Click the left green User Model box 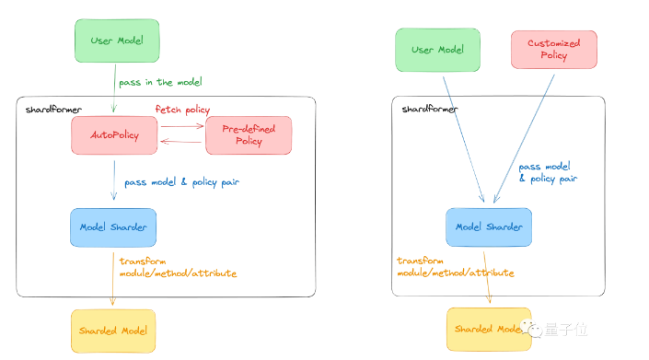click(117, 41)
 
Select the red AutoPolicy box click(114, 135)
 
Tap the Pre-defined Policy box click(249, 135)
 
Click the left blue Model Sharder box click(113, 227)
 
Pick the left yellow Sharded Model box click(113, 331)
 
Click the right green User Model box click(438, 50)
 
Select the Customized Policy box click(554, 49)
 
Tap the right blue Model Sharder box click(489, 226)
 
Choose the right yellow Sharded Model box click(489, 329)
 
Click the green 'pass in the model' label click(160, 82)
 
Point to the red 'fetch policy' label click(182, 110)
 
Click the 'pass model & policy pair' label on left click(182, 182)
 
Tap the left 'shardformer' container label click(53, 110)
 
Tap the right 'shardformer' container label click(430, 110)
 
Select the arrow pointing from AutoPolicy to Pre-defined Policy click(182, 126)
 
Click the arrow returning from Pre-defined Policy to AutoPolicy click(180, 142)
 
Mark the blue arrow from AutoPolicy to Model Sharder click(114, 180)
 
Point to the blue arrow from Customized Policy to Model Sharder click(524, 139)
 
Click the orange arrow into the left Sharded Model click(112, 279)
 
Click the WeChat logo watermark click(531, 329)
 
